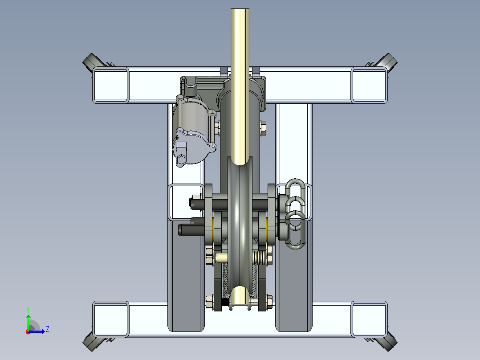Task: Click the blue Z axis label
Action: point(48,329)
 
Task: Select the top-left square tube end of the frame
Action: point(110,85)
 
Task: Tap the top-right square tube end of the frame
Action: point(369,85)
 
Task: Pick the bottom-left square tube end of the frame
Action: point(110,319)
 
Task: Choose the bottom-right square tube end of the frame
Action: point(369,319)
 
